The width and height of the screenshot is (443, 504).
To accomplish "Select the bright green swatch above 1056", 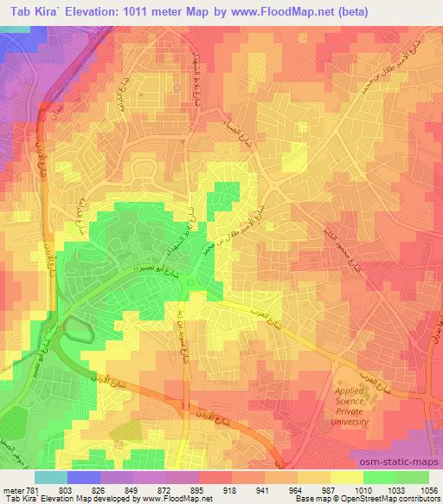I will (424, 477).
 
